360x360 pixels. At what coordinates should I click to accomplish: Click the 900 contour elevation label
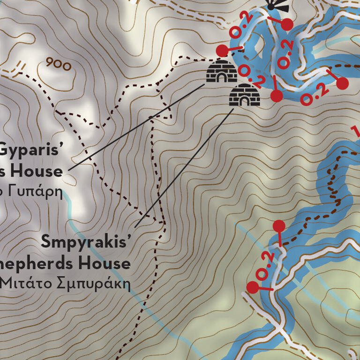[59, 64]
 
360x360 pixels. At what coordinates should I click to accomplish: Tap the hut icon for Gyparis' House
[221, 71]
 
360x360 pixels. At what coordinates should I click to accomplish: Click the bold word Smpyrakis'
[85, 242]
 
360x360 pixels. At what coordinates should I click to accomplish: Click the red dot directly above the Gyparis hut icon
[221, 50]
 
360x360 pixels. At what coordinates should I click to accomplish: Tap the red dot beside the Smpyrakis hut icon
[277, 96]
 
